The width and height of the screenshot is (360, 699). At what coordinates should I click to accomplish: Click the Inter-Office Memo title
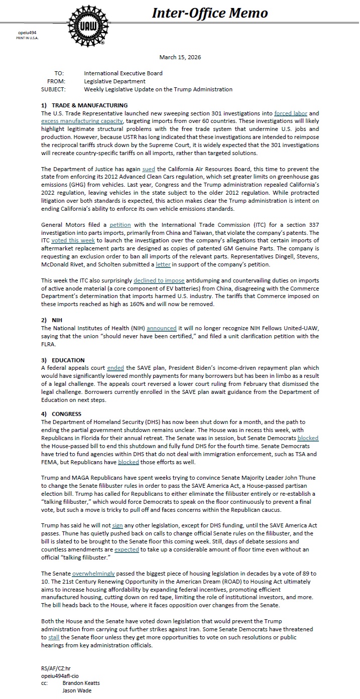pos(210,13)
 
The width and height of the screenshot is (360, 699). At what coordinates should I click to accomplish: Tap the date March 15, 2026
pos(180,57)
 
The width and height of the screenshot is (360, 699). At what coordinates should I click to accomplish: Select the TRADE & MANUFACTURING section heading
pos(89,105)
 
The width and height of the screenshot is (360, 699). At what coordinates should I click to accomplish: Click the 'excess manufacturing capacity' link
pos(82,121)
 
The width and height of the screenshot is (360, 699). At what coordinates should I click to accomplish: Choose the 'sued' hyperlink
pos(149,170)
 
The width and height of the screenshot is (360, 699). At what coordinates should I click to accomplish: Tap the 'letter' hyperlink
pos(163,264)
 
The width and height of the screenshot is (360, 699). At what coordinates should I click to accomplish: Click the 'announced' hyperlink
pos(161,328)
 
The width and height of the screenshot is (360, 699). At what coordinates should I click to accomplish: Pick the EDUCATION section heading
pos(68,360)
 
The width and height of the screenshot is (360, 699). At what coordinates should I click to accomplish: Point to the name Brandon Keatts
pos(81,683)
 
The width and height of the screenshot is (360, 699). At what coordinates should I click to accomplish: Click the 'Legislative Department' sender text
pos(114,81)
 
